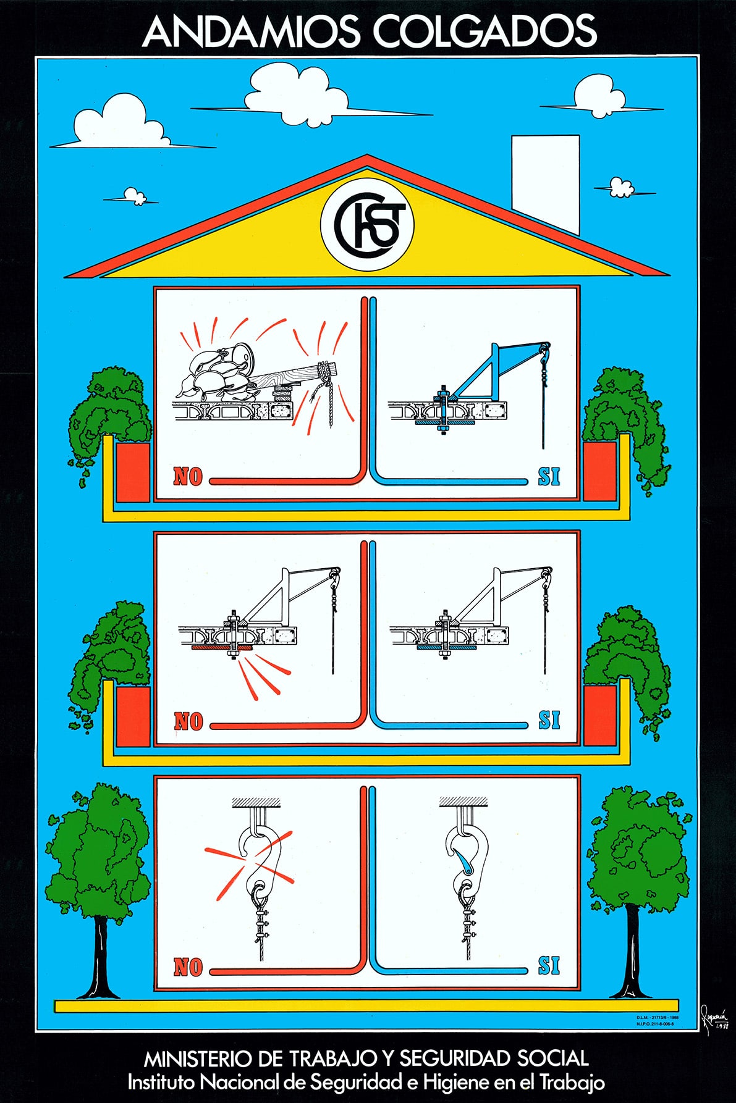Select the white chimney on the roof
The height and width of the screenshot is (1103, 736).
(x=545, y=182)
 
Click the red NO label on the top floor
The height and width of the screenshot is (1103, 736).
(x=188, y=477)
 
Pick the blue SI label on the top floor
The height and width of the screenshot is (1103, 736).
(x=549, y=477)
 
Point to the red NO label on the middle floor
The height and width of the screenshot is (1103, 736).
(x=188, y=721)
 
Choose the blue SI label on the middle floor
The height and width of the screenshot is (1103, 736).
(x=549, y=721)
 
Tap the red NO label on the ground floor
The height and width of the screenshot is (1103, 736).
(x=188, y=967)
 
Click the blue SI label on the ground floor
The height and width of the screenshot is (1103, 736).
(x=549, y=965)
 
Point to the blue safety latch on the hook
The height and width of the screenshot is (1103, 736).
(x=462, y=860)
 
